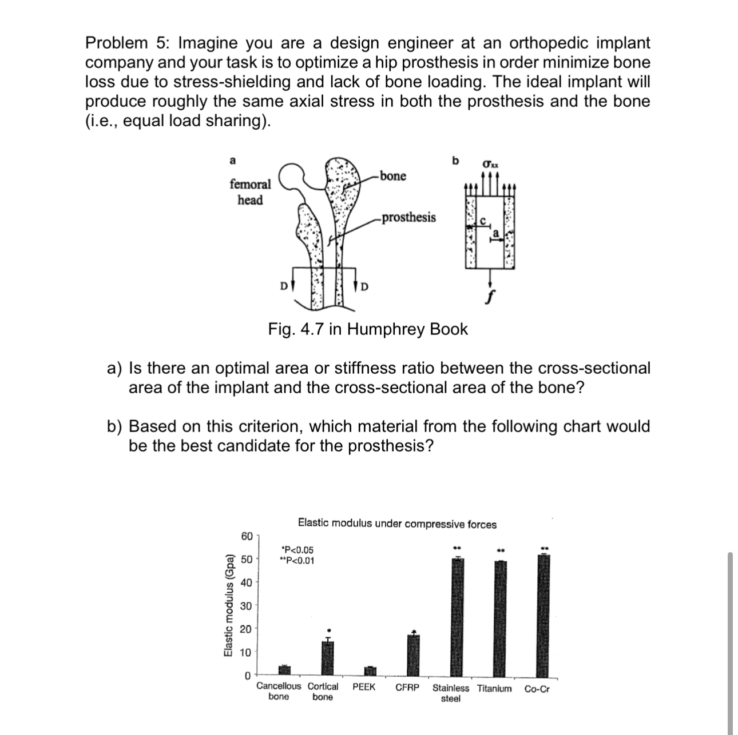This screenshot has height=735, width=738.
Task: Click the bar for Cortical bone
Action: (327, 658)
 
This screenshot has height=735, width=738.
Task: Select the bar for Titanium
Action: (499, 618)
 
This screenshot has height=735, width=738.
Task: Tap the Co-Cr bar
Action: (543, 616)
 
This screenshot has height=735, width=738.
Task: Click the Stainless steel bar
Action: (457, 617)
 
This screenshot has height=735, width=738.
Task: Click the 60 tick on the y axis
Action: (246, 536)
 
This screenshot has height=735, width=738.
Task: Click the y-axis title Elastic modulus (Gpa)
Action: (228, 606)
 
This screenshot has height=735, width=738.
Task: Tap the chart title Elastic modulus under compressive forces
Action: (397, 524)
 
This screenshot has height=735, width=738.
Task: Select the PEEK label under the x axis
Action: (364, 688)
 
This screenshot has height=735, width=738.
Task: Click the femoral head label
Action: (250, 192)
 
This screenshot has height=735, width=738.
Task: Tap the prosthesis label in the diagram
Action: (408, 218)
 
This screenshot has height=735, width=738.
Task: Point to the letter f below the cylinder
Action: (490, 298)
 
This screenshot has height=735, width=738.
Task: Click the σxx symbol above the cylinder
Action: (490, 164)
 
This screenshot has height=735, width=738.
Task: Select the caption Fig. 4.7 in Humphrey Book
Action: (368, 329)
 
